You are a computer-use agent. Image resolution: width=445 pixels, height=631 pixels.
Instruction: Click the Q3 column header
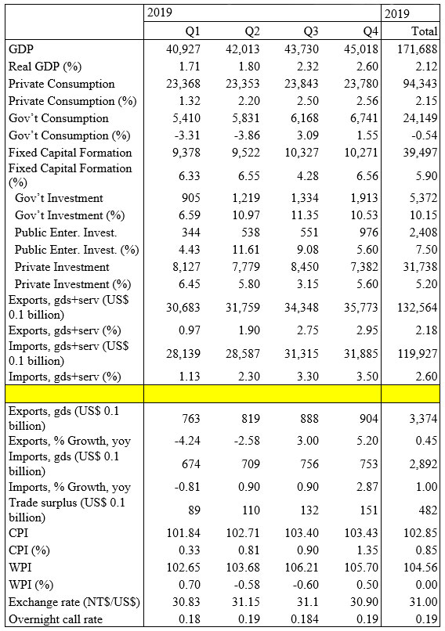(x=310, y=31)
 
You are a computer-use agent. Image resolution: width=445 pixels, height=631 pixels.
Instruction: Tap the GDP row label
(x=21, y=49)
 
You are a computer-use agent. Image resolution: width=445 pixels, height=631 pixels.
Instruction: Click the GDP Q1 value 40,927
(x=183, y=49)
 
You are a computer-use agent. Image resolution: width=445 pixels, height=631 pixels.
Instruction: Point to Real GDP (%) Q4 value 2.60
(x=367, y=67)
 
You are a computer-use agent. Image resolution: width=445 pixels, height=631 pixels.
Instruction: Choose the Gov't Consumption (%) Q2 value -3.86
(x=247, y=135)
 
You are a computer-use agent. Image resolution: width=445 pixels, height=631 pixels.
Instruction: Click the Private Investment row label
(x=62, y=267)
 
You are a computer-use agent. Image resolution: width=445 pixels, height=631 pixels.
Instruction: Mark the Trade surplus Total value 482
(x=428, y=510)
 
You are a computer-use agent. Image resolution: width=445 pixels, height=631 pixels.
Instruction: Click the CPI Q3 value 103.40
(x=301, y=533)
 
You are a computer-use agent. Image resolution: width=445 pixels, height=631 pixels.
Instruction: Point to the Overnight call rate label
(x=56, y=619)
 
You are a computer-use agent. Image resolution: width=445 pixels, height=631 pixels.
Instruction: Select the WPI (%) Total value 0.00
(x=426, y=584)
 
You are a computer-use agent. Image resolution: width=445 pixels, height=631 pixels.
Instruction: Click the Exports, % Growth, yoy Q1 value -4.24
(x=187, y=441)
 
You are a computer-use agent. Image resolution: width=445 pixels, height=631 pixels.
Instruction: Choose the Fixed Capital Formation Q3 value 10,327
(x=302, y=153)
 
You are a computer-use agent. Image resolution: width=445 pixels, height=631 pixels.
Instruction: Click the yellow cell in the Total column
(x=411, y=394)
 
